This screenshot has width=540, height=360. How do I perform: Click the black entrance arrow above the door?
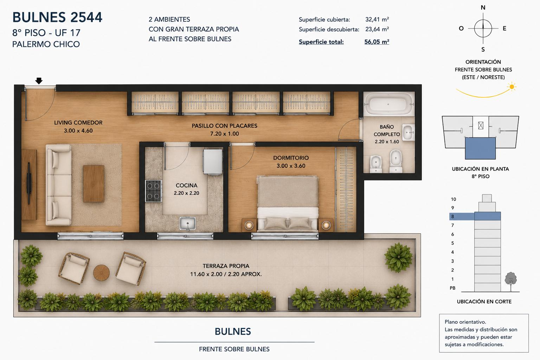(x=39, y=81)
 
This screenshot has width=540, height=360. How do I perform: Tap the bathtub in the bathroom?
(x=389, y=104)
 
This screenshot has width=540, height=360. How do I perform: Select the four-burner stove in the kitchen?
(x=153, y=191)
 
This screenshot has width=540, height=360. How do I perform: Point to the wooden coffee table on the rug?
(x=94, y=184)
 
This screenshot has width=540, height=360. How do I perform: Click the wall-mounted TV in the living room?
(x=29, y=183)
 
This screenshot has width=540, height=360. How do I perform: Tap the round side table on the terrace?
(x=101, y=273)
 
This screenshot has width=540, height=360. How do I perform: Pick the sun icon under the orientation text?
(x=511, y=87)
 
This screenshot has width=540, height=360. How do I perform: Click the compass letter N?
(x=483, y=8)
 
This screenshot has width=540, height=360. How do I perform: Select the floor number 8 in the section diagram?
(x=452, y=217)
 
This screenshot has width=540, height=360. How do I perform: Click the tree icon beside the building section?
(x=510, y=282)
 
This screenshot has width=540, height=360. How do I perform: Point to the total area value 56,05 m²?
(x=377, y=42)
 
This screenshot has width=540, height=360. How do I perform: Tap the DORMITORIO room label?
(x=291, y=158)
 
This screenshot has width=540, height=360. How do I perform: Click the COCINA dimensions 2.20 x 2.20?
(x=186, y=193)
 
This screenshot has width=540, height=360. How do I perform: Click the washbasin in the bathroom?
(x=409, y=132)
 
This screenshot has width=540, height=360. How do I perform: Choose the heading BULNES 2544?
(x=57, y=17)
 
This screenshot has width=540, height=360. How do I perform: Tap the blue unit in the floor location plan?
(x=480, y=148)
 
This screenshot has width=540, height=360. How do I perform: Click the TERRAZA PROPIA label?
(x=226, y=266)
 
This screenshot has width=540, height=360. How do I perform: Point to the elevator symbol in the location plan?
(x=481, y=126)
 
